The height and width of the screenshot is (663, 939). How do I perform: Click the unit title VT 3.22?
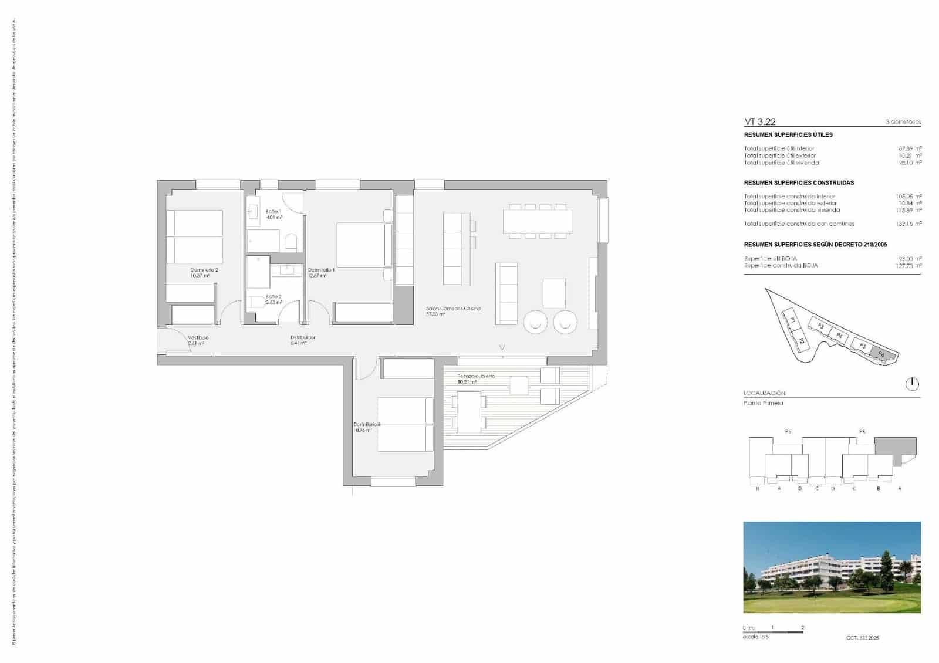tap(760, 122)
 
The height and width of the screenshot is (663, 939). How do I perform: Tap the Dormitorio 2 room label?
tap(204, 270)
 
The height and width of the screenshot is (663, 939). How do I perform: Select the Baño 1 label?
tap(273, 211)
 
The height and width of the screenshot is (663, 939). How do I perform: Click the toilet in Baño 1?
tap(291, 241)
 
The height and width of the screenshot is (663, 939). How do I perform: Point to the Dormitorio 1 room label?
tap(321, 270)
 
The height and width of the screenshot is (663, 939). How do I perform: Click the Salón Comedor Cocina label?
tap(453, 309)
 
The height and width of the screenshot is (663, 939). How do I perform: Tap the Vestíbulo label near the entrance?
tap(198, 338)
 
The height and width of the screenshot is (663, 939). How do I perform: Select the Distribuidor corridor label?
tap(303, 337)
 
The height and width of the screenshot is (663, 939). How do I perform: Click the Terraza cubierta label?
tap(477, 376)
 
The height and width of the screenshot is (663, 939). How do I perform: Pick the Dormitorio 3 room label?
tap(367, 425)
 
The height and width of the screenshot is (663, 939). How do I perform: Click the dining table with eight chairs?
tap(537, 221)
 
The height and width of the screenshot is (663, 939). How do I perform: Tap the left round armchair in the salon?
tap(535, 322)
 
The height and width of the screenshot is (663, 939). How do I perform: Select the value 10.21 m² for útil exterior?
tap(910, 155)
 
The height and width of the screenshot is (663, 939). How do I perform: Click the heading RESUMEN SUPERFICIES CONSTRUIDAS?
tap(799, 182)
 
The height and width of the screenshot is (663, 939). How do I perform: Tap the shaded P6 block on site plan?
tap(880, 353)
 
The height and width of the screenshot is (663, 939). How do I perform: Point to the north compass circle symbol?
tap(912, 384)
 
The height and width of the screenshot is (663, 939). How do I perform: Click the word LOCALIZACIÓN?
tap(764, 393)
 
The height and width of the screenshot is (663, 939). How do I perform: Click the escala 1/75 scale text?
tap(755, 637)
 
